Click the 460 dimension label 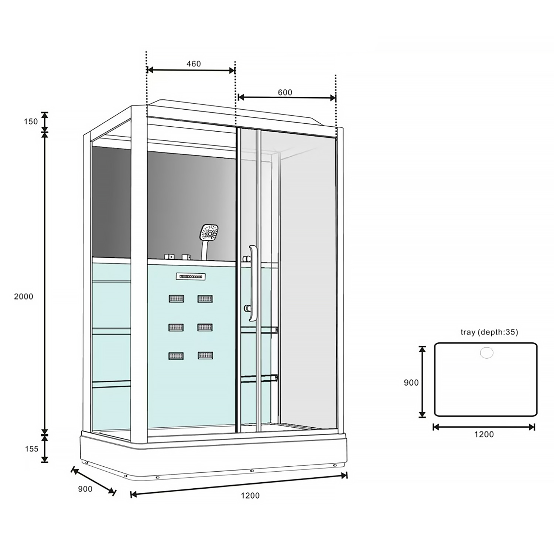click(x=193, y=64)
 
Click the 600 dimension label click(x=285, y=92)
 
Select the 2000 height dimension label click(x=24, y=297)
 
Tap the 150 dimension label click(x=31, y=121)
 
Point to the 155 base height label click(x=31, y=449)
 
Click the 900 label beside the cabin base click(x=85, y=489)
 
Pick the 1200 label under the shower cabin click(x=250, y=496)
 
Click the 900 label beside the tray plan click(x=411, y=383)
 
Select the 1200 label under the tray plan click(x=484, y=434)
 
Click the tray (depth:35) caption click(x=489, y=332)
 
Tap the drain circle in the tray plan click(x=486, y=353)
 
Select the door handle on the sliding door click(x=252, y=283)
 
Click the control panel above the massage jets click(x=191, y=276)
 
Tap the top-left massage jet click(x=176, y=298)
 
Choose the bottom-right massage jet click(x=205, y=356)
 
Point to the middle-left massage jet click(x=176, y=327)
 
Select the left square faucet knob click(x=169, y=256)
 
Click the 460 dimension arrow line click(x=191, y=70)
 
